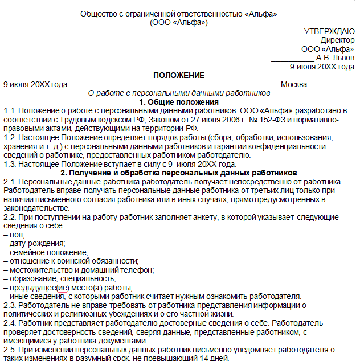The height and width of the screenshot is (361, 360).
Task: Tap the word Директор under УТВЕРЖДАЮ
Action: (x=337, y=40)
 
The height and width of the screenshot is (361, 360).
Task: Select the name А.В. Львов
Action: (x=335, y=58)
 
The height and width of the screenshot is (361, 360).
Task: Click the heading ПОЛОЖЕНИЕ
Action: (x=179, y=75)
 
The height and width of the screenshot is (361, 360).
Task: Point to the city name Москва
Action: (x=294, y=84)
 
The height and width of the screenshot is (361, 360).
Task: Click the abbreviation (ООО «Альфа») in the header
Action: (x=179, y=22)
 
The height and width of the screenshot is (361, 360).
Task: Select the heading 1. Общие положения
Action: (x=179, y=101)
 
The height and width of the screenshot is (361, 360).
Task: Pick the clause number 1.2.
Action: (x=9, y=137)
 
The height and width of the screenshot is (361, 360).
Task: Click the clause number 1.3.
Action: (x=9, y=163)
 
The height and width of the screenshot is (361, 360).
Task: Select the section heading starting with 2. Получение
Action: (x=179, y=172)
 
